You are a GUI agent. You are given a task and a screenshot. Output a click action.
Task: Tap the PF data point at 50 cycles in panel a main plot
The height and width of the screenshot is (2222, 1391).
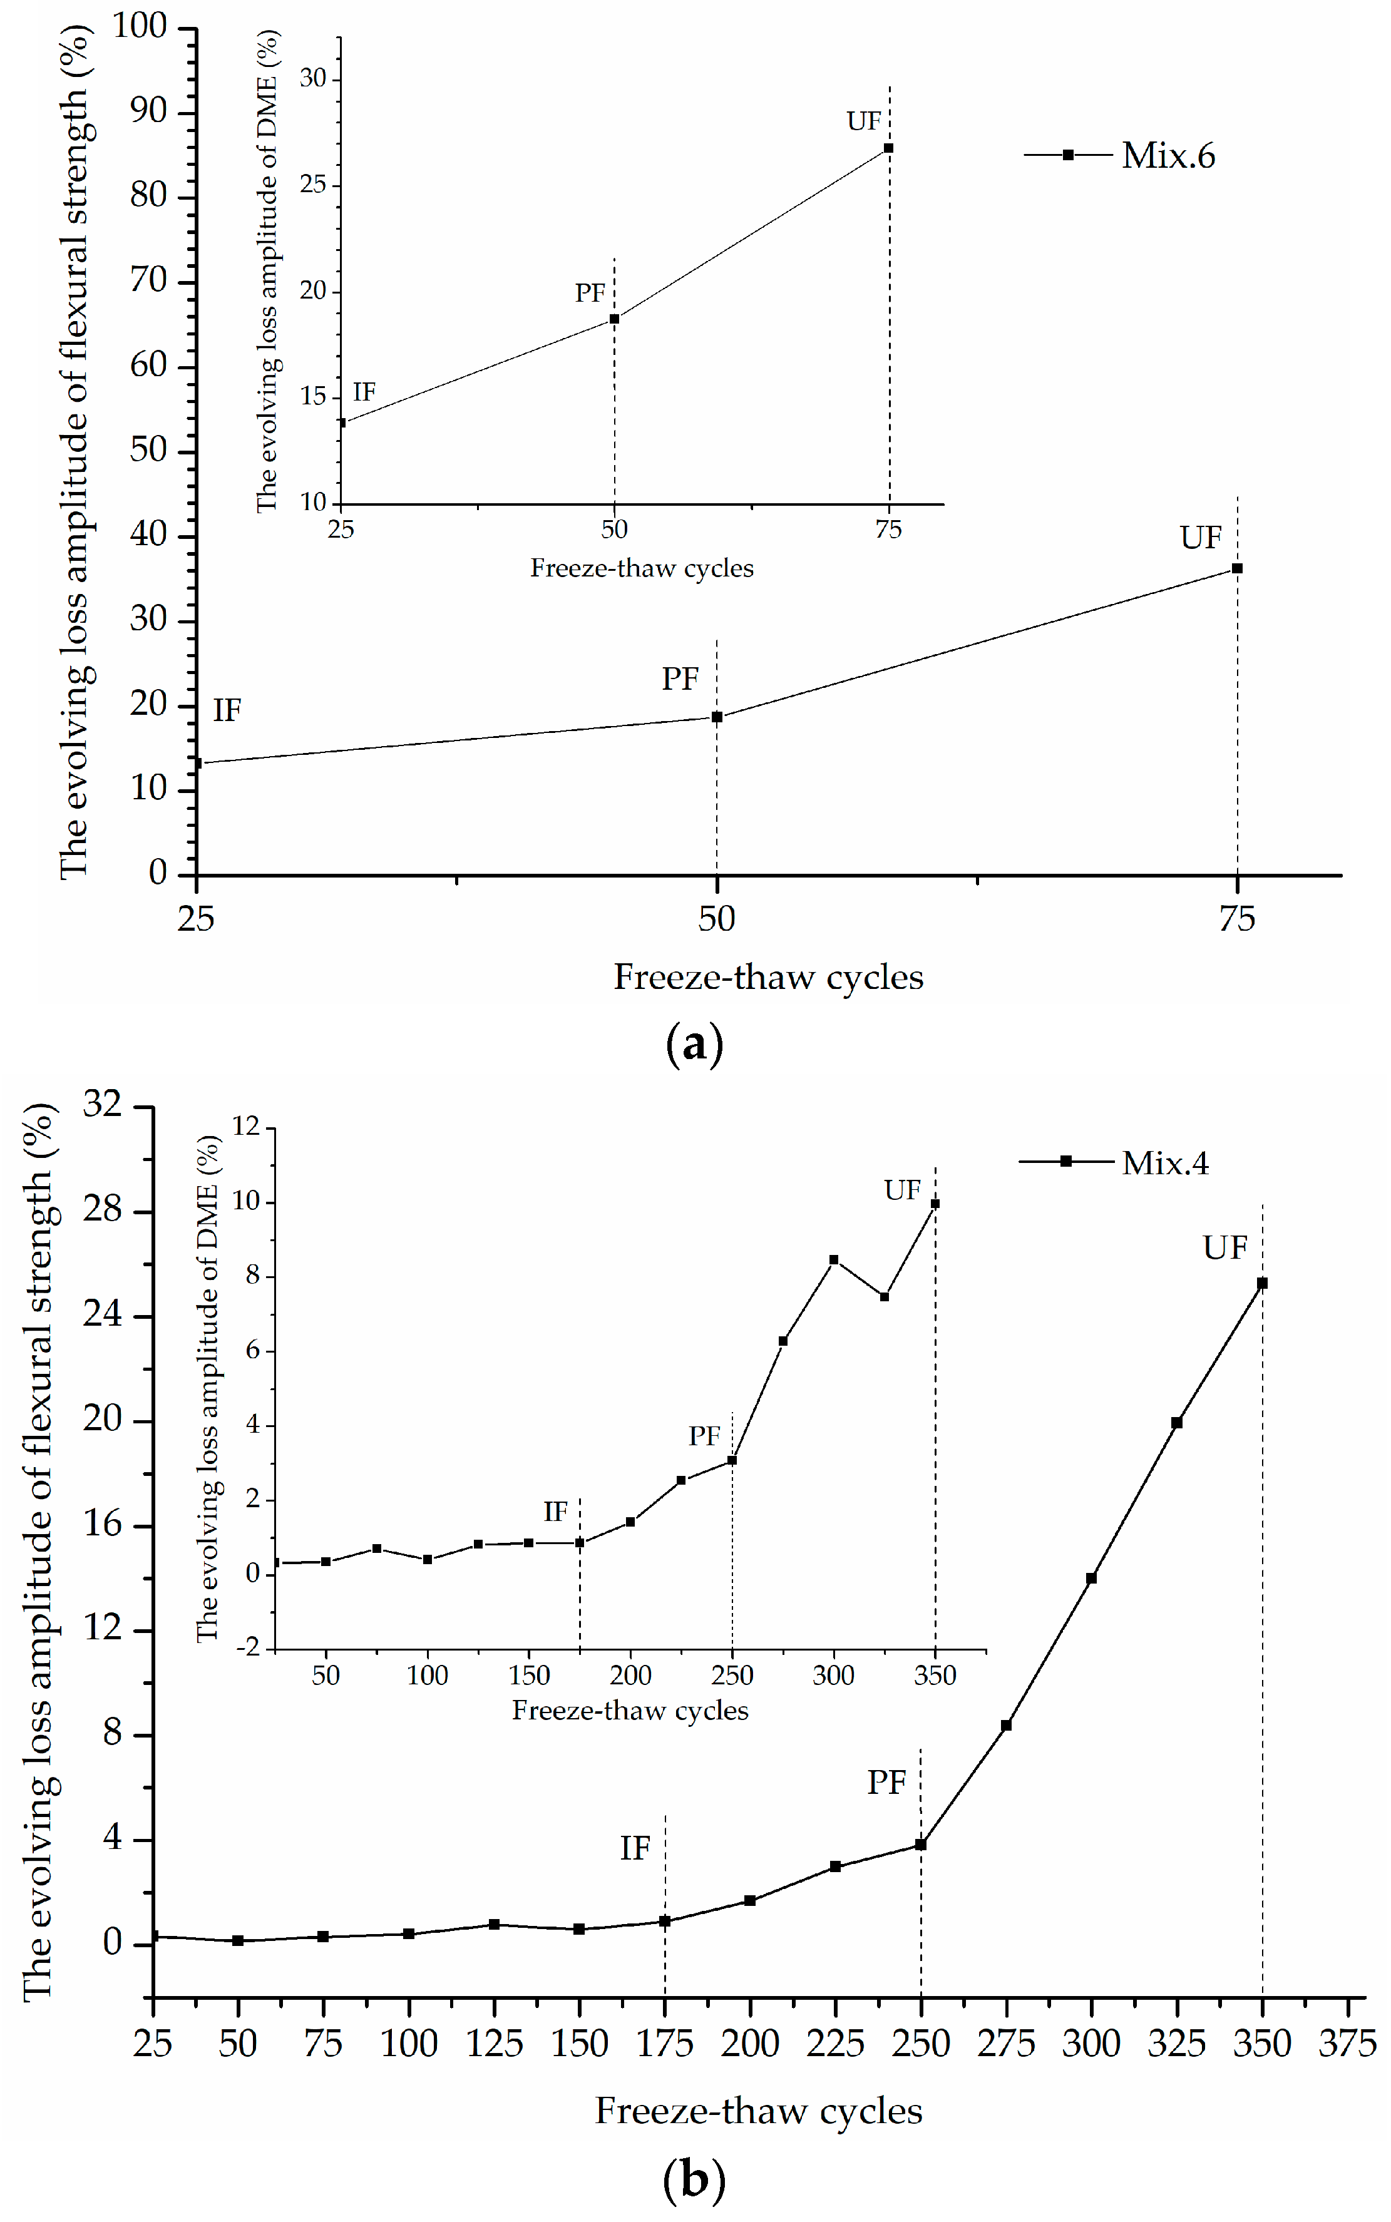pyautogui.click(x=717, y=717)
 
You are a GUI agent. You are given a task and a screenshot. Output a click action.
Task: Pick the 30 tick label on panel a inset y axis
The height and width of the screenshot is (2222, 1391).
pyautogui.click(x=313, y=78)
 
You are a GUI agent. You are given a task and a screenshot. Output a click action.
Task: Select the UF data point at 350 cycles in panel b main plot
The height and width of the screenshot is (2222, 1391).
pyautogui.click(x=1262, y=1283)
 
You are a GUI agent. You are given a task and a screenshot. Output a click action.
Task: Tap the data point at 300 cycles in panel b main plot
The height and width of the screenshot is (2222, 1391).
pyautogui.click(x=1091, y=1578)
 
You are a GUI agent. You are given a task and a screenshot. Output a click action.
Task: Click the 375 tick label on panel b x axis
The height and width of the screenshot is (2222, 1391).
pyautogui.click(x=1347, y=2044)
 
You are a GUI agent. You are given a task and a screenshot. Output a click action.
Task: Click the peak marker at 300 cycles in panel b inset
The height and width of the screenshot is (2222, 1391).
pyautogui.click(x=833, y=1260)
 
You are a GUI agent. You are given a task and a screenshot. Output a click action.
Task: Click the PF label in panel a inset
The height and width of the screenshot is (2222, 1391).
pyautogui.click(x=590, y=294)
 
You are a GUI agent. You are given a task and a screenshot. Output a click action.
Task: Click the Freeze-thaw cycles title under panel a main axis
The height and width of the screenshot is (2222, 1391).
pyautogui.click(x=768, y=976)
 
